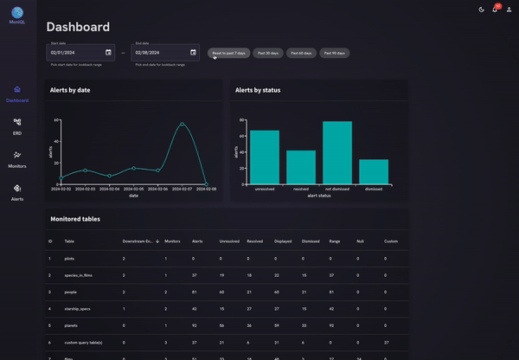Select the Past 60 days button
[302, 53]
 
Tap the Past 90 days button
[335, 53]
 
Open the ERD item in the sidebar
[17, 125]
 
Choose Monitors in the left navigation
[17, 158]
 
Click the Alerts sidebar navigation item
[17, 191]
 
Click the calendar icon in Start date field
[108, 53]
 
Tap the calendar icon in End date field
[192, 53]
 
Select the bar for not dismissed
[337, 152]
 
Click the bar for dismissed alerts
[374, 171]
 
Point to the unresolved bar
[265, 157]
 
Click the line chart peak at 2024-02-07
[182, 123]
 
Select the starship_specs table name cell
[78, 308]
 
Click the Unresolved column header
[229, 241]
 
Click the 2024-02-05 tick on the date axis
[133, 189]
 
